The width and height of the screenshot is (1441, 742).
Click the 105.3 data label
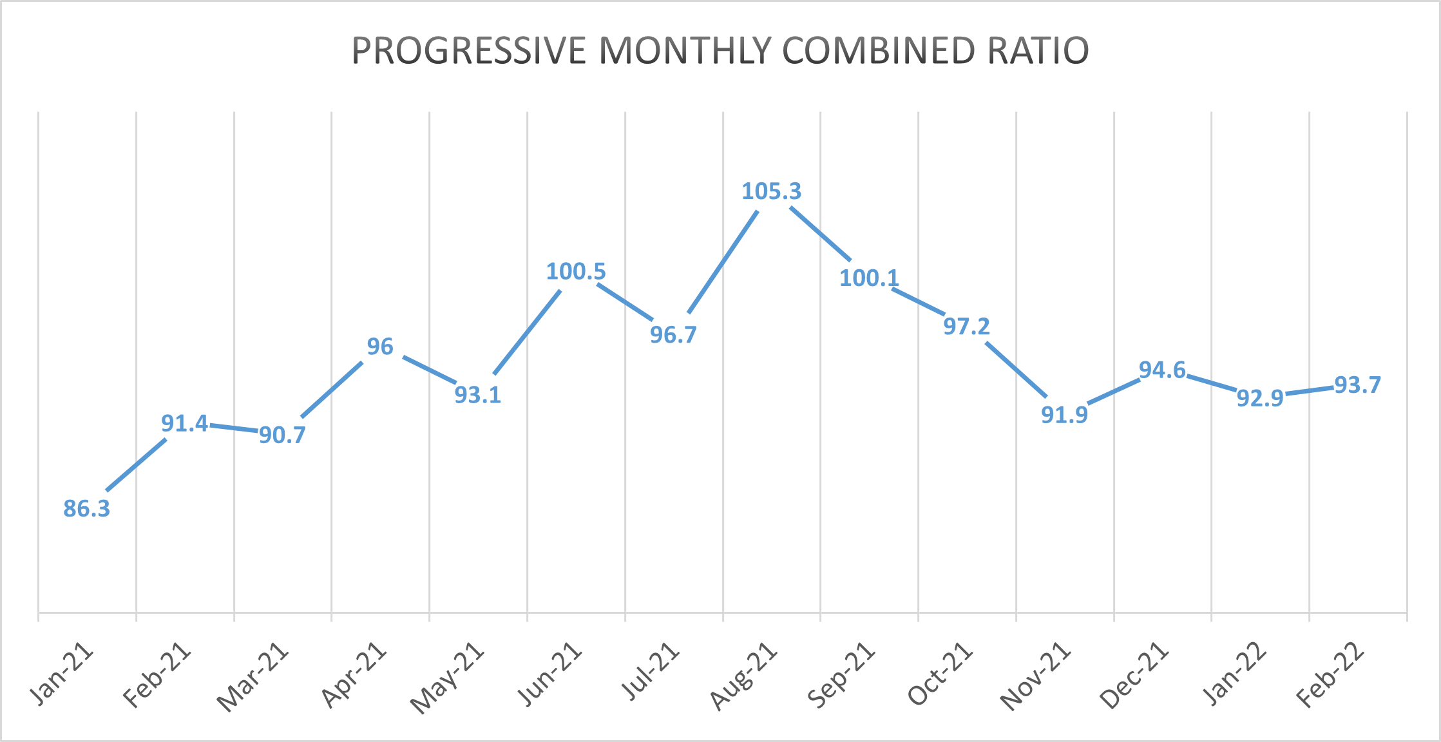(x=771, y=191)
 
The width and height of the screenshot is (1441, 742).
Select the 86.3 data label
(x=87, y=509)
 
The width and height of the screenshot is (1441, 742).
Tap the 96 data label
(x=380, y=347)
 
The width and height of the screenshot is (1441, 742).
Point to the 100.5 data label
(x=576, y=271)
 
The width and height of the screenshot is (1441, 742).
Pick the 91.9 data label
(x=1064, y=415)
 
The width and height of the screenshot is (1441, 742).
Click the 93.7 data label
(x=1357, y=385)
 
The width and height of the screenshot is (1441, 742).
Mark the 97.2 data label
(x=966, y=327)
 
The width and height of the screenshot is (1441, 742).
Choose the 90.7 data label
(x=282, y=435)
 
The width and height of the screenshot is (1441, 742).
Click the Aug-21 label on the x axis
(x=744, y=676)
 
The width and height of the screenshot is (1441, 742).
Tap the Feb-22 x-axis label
(x=1331, y=676)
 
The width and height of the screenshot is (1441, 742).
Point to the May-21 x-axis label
(x=448, y=678)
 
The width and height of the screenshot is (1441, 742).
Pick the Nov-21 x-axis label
(x=1036, y=677)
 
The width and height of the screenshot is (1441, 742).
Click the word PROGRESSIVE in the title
(x=468, y=51)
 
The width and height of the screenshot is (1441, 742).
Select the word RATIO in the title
(x=1038, y=51)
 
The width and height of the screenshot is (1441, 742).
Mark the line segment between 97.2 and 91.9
(x=1016, y=370)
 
